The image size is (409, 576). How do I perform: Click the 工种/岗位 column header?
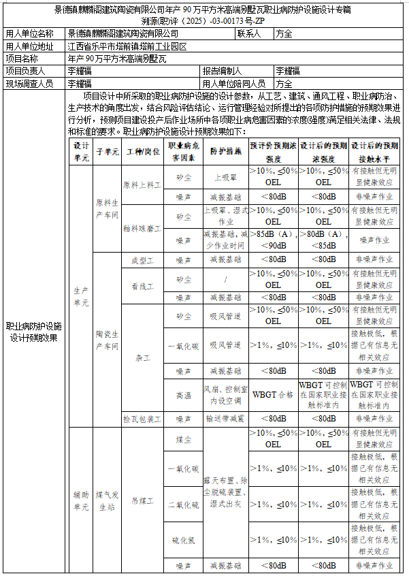point(143,151)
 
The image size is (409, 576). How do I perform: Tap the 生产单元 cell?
point(81,296)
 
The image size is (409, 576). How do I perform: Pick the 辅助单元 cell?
point(81,500)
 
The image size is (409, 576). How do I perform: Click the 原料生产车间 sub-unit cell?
point(107,208)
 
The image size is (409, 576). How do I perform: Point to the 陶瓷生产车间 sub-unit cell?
point(107,340)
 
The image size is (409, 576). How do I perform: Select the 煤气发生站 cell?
point(107,500)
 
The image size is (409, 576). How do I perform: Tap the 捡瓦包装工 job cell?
point(143,418)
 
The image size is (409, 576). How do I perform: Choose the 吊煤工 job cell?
point(143,500)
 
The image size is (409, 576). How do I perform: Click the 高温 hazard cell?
point(184,394)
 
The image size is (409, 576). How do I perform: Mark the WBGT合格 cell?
point(273,394)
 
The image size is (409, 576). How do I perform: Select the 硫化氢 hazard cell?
point(184,540)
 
